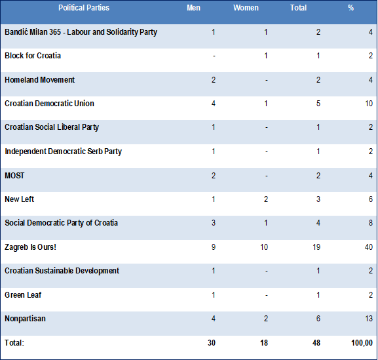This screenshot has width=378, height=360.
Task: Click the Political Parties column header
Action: coord(84,8)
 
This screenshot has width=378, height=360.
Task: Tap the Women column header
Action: coord(246,8)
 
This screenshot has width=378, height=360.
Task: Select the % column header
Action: coord(350,8)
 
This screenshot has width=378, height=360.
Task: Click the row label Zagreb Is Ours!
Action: coord(30,247)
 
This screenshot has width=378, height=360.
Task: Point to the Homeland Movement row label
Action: coord(39,79)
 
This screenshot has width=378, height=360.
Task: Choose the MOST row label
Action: coord(14,176)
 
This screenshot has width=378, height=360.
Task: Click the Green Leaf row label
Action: coord(23,295)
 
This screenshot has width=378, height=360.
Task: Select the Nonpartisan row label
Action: coord(25,319)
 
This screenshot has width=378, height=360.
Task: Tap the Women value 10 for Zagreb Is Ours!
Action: coord(264,247)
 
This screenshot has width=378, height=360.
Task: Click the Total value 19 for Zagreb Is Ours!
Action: coord(316,247)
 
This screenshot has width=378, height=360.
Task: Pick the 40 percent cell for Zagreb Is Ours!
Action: coord(369,247)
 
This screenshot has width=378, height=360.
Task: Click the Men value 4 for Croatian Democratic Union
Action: coord(214,104)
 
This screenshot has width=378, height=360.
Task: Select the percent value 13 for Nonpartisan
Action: coord(369,319)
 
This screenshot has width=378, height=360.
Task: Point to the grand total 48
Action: coord(316,343)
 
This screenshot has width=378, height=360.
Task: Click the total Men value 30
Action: coord(212,343)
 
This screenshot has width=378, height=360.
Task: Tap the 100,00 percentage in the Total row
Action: coord(362,343)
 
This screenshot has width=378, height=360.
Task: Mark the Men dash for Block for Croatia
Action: coord(214,56)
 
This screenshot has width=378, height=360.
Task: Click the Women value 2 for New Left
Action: coord(266,199)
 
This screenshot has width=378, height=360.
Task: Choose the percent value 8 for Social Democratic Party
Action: coord(371,223)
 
